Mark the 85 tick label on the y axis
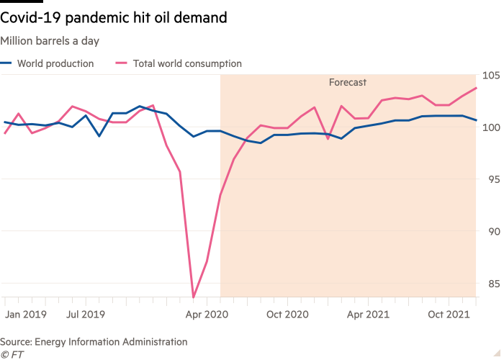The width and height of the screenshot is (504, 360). [492, 284]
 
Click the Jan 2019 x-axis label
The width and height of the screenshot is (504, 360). [25, 315]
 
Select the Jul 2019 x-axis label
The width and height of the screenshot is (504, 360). [86, 315]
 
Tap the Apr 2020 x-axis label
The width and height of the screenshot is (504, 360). [206, 315]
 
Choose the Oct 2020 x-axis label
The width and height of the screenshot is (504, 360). [287, 315]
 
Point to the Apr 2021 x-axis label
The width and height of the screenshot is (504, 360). [368, 315]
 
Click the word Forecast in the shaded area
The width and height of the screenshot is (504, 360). [348, 83]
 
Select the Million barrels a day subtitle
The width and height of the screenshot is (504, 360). [50, 41]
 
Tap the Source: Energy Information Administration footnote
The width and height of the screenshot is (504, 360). [94, 342]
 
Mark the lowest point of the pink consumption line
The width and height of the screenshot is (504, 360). [193, 295]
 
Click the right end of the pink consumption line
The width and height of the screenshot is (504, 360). [477, 88]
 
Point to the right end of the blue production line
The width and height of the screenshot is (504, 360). [477, 120]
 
